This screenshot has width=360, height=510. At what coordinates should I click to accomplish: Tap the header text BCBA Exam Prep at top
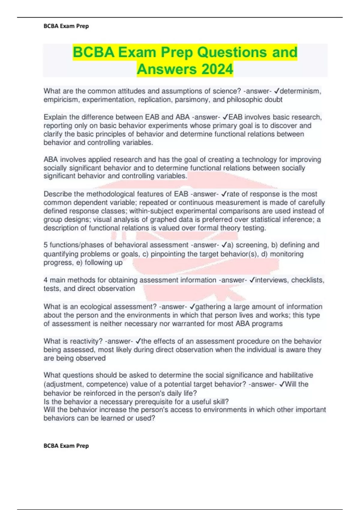click(66, 26)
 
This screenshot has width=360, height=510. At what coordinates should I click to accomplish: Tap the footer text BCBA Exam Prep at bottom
click(66, 446)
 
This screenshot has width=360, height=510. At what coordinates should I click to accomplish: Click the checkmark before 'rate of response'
click(225, 194)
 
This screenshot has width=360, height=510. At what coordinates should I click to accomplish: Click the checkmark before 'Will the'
click(282, 384)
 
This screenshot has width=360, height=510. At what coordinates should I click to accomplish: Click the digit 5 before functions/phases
click(46, 245)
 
